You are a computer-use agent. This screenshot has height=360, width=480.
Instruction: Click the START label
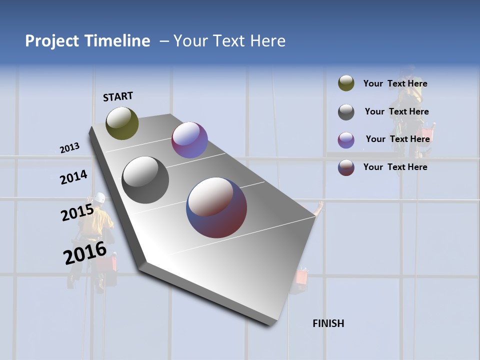click(118, 96)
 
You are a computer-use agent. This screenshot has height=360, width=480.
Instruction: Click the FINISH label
click(328, 323)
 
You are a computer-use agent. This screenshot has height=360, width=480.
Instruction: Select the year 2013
click(69, 148)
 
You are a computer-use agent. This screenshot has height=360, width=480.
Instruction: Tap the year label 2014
click(73, 177)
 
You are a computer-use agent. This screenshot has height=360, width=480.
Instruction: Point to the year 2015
click(77, 212)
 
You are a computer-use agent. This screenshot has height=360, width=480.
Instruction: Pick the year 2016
click(85, 253)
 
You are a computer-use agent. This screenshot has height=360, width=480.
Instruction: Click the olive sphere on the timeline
click(122, 123)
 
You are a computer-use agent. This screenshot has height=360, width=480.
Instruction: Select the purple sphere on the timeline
click(189, 140)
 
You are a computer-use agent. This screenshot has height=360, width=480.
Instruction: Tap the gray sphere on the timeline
click(145, 180)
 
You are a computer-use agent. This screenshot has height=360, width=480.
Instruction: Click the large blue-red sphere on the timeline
click(216, 207)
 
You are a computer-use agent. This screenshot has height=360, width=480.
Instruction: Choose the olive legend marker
click(346, 83)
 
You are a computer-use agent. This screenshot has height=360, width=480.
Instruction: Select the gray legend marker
click(346, 112)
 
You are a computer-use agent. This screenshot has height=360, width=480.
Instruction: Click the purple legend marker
click(346, 140)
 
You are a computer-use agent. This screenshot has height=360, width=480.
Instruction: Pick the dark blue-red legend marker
click(346, 167)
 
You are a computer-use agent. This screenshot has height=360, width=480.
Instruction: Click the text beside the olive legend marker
click(395, 83)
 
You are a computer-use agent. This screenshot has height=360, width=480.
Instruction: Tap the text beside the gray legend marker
click(396, 111)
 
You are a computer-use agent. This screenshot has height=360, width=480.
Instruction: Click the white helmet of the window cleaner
click(100, 197)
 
